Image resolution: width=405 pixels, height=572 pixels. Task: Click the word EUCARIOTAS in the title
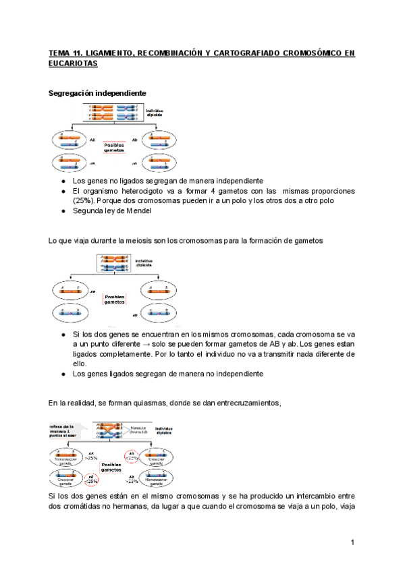pyautogui.click(x=73, y=63)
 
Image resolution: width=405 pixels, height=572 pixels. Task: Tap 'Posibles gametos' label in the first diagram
pyautogui.click(x=114, y=147)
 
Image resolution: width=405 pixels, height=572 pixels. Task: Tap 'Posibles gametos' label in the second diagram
pyautogui.click(x=114, y=299)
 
